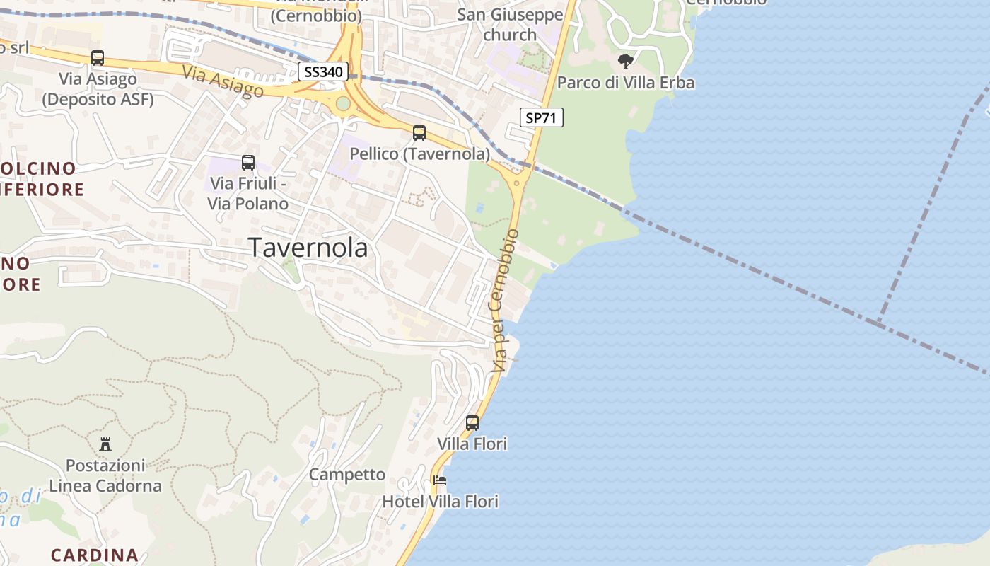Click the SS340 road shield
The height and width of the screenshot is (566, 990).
click(322, 71)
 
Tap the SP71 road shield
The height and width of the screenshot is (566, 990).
click(542, 118)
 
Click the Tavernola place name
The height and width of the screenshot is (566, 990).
click(308, 248)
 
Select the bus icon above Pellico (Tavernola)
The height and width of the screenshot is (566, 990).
click(419, 132)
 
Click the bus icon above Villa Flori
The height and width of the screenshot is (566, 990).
click(472, 423)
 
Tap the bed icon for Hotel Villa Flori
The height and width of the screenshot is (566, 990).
click(440, 480)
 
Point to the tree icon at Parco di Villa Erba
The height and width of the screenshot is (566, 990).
click(625, 62)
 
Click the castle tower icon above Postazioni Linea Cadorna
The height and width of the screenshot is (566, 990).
click(105, 444)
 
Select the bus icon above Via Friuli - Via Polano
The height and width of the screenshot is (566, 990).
click(248, 163)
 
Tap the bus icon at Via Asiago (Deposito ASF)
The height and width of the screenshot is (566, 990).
click(98, 58)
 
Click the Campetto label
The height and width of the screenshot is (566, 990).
click(347, 475)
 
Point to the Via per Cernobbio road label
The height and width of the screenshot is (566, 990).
click(506, 301)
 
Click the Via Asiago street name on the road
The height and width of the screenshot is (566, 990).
click(223, 81)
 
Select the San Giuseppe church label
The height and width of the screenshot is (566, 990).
click(510, 25)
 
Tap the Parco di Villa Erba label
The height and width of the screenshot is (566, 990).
click(626, 83)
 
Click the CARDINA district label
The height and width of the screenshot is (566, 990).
click(95, 555)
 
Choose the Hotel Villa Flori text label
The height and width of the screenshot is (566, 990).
click(441, 502)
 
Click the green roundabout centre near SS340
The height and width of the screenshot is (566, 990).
click(343, 104)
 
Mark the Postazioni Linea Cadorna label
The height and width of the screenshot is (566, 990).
click(105, 475)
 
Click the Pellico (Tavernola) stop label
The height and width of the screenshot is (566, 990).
click(420, 154)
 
